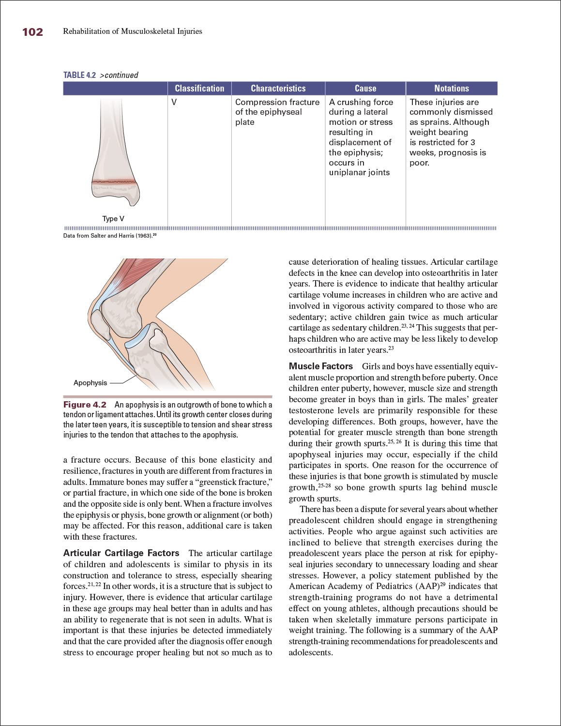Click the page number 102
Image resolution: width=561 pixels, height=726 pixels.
[32, 32]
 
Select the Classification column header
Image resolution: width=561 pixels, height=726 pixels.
[199, 89]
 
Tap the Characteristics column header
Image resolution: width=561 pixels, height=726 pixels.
[278, 89]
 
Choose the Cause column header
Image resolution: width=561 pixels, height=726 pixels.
[365, 89]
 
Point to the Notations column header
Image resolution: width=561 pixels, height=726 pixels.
[451, 89]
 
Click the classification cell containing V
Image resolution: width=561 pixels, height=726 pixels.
[174, 102]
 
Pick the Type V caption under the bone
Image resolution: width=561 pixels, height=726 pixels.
[113, 219]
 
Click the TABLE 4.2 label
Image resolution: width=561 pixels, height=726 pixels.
[79, 75]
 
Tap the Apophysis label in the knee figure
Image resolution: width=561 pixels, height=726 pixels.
[90, 383]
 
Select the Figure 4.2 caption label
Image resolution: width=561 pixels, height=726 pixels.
[85, 405]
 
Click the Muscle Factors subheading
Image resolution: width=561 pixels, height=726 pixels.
[320, 366]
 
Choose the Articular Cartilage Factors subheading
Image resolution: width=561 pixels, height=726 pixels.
[121, 553]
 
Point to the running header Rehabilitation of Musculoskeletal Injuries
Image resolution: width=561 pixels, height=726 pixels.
[133, 31]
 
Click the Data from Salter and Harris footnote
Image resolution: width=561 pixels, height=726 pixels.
[109, 236]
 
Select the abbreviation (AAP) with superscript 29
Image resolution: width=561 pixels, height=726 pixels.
[425, 586]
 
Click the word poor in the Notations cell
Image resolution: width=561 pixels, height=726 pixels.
[419, 163]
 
